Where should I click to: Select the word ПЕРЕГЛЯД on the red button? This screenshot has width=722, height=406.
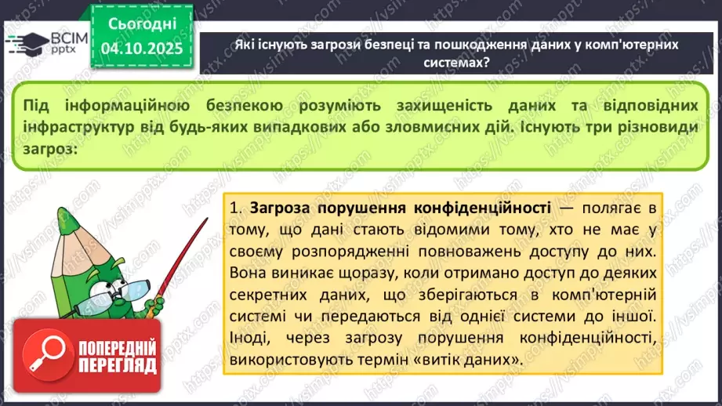pos(118,365)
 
